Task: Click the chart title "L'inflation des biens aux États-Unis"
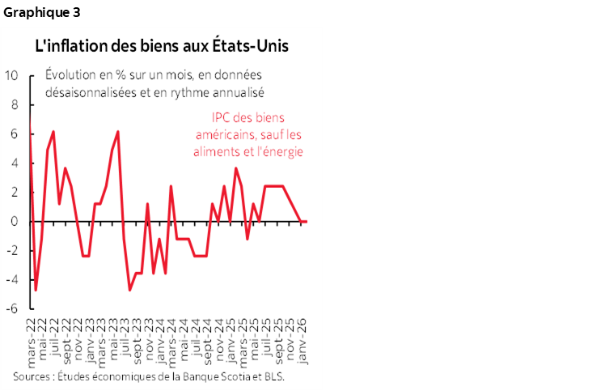coord(161,46)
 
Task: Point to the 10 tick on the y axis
coord(11,75)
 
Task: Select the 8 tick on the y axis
coord(14,104)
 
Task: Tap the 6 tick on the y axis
coord(14,134)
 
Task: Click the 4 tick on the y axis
coord(14,163)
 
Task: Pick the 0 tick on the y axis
coord(14,221)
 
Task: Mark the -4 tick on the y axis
coord(11,279)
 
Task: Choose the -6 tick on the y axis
coord(11,308)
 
